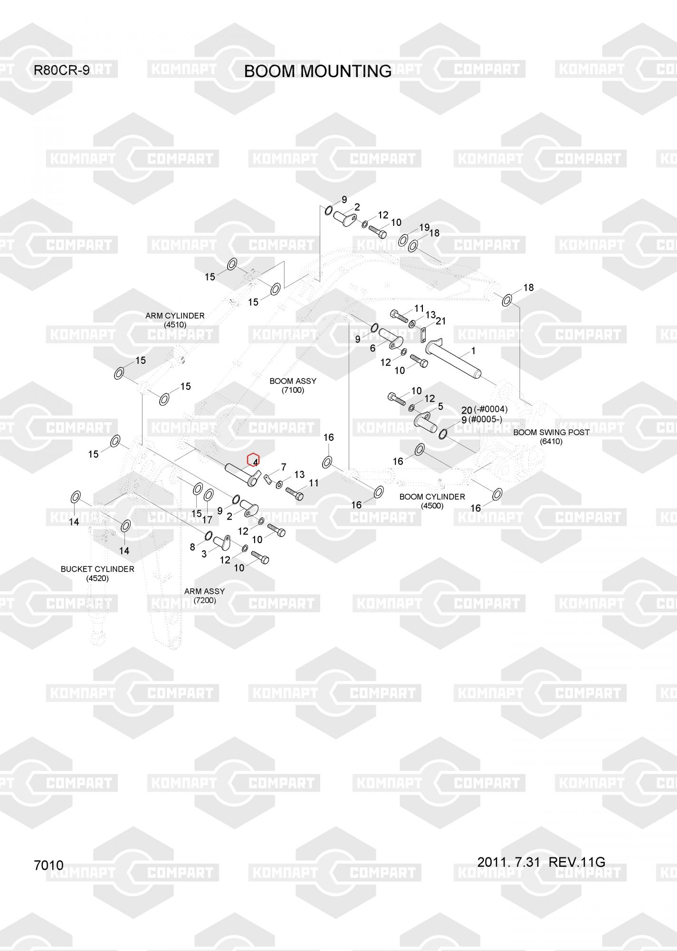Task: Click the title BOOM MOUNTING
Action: pos(317,71)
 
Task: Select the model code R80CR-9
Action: pos(61,70)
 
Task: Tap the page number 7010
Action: pos(48,865)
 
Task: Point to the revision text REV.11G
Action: pos(576,862)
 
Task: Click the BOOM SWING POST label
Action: pos(551,432)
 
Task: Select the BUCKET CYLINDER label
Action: pos(97,569)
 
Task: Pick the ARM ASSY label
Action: pos(204,591)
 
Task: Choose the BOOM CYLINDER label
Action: pos(432,496)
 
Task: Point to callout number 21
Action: pos(440,321)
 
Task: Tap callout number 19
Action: pos(424,227)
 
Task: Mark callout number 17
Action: pos(207,520)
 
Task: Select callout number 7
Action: pos(284,467)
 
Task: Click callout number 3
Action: pos(204,553)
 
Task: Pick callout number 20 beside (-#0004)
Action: pos(467,410)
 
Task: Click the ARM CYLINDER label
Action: pos(175,316)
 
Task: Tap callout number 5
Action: pos(440,407)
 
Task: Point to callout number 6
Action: pos(372,348)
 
